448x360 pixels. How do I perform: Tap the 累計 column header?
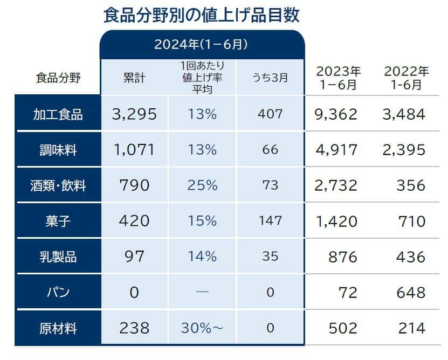[134, 78]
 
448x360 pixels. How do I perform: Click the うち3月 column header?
[270, 78]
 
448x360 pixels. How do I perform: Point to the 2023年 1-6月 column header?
[339, 78]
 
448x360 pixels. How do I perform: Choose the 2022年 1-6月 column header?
[406, 78]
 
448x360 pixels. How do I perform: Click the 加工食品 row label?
[58, 114]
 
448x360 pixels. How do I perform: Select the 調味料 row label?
[58, 150]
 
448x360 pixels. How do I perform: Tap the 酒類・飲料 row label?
[58, 186]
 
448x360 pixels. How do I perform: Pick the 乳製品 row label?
[58, 257]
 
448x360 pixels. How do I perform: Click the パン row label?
[58, 293]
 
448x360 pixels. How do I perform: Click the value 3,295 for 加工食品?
[134, 114]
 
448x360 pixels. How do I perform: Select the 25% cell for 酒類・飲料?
[202, 186]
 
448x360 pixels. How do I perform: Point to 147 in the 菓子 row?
[270, 221]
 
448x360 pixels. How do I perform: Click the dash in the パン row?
[202, 293]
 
